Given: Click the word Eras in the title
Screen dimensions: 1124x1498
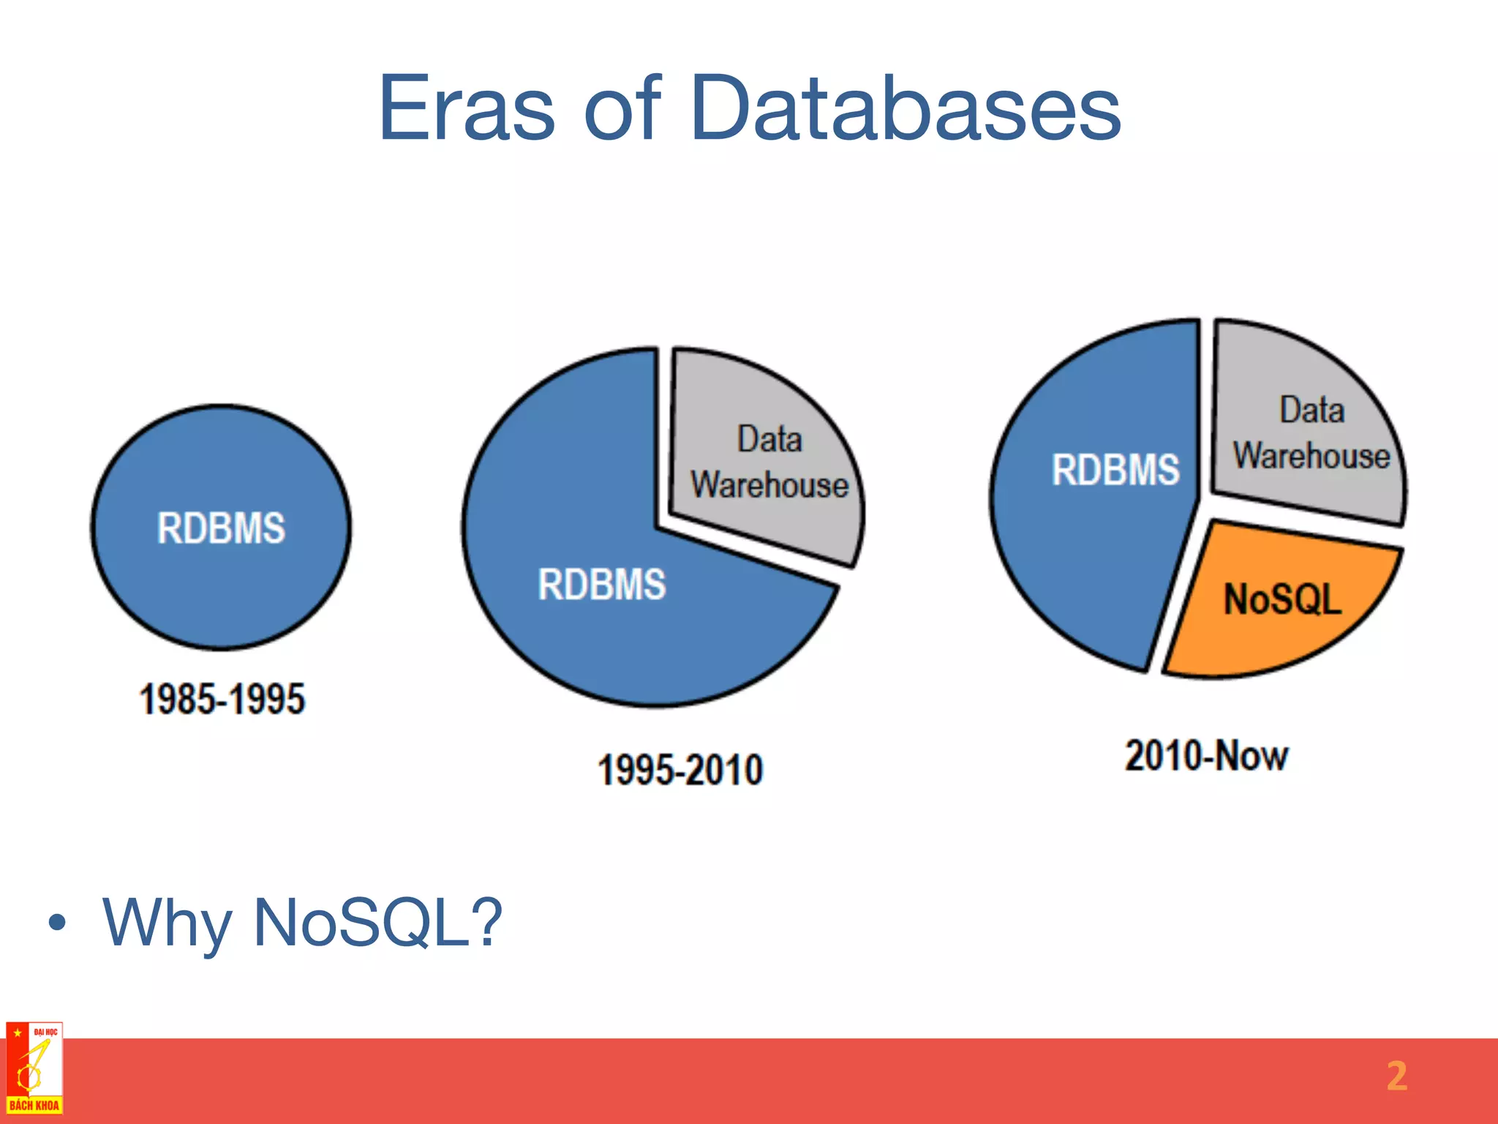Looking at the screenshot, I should pos(466,109).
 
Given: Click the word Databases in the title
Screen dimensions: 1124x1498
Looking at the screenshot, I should pos(905,109).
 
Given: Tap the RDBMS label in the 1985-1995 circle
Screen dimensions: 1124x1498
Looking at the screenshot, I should pos(221,528).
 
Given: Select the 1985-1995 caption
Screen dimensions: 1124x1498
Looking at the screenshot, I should pos(222,698).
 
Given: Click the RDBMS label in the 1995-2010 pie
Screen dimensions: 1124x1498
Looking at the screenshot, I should pos(601,584).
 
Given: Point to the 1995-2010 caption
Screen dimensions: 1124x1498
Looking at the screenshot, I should pos(680,770).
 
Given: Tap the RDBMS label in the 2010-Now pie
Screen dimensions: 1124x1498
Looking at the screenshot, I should pos(1115,469).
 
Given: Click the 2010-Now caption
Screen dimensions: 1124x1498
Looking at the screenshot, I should pos(1206,755).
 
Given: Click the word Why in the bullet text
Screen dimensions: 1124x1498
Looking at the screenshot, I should pos(167,923).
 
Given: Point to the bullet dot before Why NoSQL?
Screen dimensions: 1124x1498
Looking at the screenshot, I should pos(57,923).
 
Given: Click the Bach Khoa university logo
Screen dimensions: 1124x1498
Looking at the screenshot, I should pos(34,1068).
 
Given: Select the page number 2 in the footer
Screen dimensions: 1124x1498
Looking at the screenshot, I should pos(1396,1076).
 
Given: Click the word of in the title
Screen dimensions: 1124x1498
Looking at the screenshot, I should pos(622,109).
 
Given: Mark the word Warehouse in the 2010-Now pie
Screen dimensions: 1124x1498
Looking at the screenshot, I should pos(1311,455).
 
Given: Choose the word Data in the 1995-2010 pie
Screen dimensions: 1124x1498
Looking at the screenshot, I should pos(769,439).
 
